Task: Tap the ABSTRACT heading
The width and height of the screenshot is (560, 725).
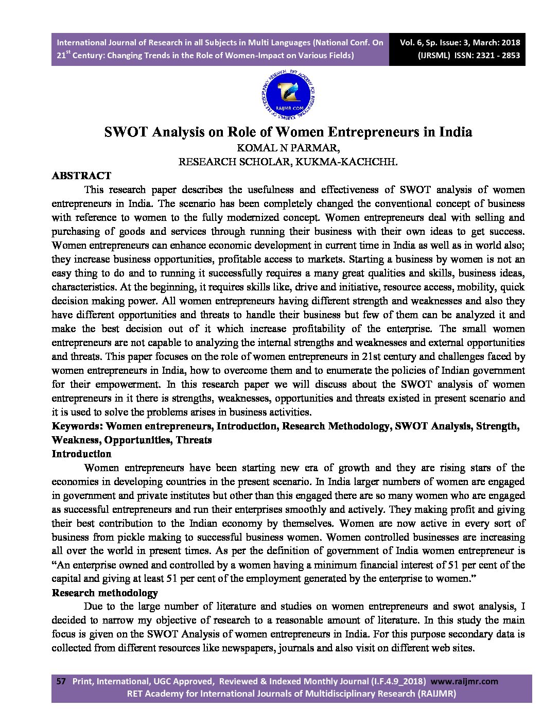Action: point(81,176)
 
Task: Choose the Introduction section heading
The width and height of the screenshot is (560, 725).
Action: point(81,454)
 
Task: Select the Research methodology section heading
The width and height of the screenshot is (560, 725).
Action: point(104,593)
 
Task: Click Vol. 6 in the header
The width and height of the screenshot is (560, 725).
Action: point(411,43)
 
